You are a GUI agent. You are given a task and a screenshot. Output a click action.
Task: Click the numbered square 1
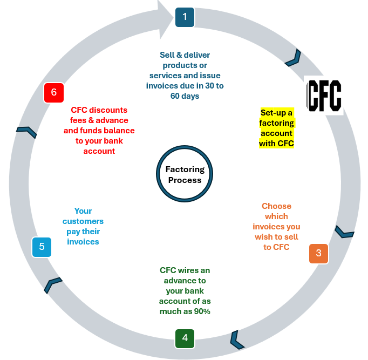coord(185,17)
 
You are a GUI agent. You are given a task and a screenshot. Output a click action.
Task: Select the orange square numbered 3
coord(318,253)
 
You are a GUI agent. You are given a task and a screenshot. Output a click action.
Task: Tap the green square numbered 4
coord(185,338)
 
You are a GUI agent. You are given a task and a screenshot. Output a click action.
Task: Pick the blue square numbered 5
coord(42,247)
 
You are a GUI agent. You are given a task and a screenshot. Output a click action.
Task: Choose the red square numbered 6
coord(53,92)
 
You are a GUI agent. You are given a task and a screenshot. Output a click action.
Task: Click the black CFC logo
coord(324,95)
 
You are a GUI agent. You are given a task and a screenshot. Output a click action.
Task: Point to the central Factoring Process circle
coord(185,174)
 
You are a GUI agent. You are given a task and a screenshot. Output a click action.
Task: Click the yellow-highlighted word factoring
coord(277,123)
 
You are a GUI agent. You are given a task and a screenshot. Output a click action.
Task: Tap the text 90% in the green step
coord(200,311)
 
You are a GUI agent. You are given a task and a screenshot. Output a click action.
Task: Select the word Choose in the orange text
coord(276,206)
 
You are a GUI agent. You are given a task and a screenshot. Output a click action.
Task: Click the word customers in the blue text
coord(83,221)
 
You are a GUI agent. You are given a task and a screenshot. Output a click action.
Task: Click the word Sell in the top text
coord(168,55)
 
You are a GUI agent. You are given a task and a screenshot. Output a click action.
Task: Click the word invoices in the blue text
coord(83,242)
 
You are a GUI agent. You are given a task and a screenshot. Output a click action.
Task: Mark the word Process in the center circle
coord(185,180)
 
